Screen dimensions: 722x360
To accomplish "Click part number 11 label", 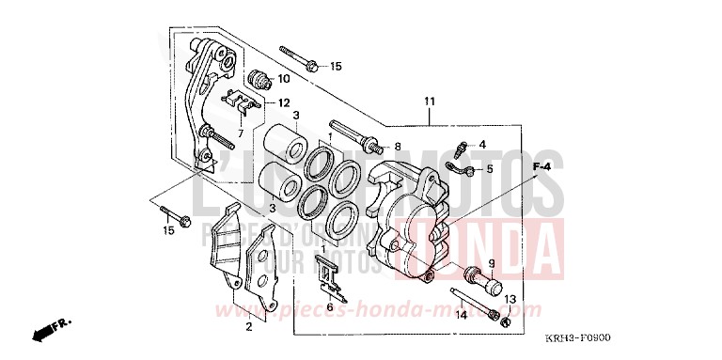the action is point(430,102).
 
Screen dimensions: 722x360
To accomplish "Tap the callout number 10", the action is point(283,79).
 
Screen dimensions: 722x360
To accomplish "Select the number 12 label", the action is point(283,103).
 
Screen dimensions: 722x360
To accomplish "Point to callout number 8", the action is point(397,148).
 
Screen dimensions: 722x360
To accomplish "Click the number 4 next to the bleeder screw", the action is point(482,145).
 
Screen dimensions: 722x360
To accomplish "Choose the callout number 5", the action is point(489,169).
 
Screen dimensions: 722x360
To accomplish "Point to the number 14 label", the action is point(462,317).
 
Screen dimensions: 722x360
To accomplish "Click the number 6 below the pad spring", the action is point(330,307).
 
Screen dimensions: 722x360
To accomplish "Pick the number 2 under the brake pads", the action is point(248,327).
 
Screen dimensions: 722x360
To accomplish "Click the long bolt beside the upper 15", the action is point(298,58).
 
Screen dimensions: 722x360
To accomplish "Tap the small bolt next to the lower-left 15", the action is point(175,215).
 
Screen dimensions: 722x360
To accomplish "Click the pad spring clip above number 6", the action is point(327,270).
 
